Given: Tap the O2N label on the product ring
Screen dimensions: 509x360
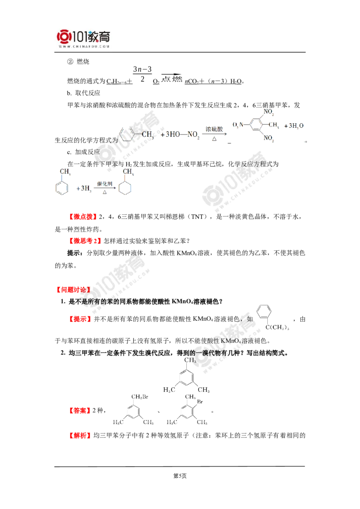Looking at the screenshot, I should pos(238,125).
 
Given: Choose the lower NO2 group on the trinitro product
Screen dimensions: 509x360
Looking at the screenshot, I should pos(270,138).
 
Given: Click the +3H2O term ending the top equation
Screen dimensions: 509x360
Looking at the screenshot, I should pos(295,125).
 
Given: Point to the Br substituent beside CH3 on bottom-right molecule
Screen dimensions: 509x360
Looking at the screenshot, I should pos(201,402).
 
